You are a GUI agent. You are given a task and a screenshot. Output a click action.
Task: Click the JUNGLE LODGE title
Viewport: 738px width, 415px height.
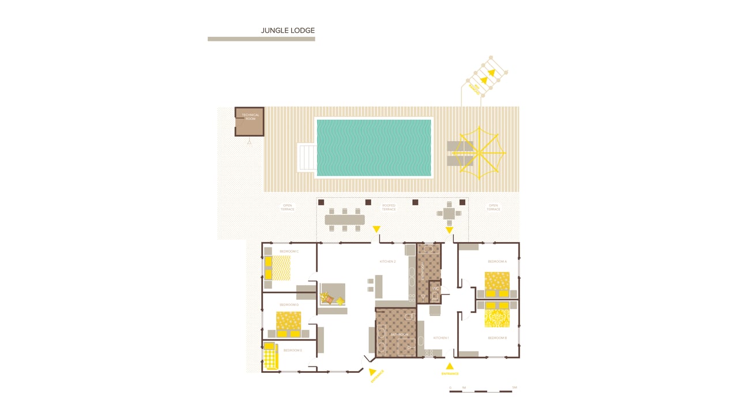click(288, 31)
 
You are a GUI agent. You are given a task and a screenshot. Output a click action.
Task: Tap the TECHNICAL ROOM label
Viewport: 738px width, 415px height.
click(250, 116)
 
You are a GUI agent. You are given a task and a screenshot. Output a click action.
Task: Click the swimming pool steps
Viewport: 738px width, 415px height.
click(306, 157)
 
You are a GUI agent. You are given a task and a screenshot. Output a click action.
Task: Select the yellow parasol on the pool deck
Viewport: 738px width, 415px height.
click(479, 152)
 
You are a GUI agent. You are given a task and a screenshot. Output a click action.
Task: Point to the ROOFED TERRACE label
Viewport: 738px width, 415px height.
click(389, 207)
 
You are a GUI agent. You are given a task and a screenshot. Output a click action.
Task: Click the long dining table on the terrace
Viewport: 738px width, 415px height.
click(345, 220)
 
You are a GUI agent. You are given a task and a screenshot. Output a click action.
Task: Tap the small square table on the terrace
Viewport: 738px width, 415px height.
click(449, 213)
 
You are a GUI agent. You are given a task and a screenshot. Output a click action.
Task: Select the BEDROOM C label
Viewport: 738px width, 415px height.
click(289, 251)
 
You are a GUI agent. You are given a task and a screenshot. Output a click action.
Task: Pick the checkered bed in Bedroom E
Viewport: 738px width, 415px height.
click(271, 356)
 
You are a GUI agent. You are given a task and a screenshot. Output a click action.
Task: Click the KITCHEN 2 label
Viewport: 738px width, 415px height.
click(387, 262)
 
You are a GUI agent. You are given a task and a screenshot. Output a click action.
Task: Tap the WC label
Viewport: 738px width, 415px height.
click(436, 289)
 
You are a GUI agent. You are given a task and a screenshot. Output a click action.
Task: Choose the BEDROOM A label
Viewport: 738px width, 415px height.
click(497, 262)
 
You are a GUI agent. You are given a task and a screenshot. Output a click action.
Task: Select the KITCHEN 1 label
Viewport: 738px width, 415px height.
click(441, 338)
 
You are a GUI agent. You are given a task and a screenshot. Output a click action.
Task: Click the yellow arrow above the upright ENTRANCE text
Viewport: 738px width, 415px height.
click(450, 365)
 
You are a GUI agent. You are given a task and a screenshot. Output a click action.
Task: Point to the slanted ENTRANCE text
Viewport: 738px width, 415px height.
click(377, 376)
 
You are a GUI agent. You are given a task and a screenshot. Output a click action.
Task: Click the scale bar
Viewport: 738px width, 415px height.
click(481, 391)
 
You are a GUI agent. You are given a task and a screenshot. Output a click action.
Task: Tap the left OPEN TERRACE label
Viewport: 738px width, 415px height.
click(287, 207)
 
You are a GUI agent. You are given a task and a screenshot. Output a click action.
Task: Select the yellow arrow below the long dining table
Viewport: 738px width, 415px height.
click(376, 229)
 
